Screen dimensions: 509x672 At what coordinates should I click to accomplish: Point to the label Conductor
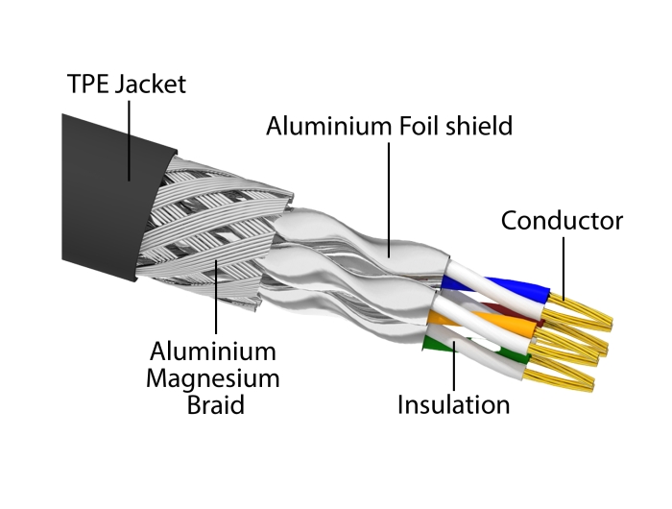[562, 222]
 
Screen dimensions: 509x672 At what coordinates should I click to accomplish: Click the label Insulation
[453, 404]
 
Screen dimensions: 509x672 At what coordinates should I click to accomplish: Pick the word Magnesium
[213, 377]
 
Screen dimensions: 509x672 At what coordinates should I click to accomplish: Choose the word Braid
[213, 404]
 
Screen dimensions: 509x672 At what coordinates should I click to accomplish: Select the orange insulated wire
[499, 327]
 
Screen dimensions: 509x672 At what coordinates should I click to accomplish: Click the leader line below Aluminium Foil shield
[389, 192]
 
